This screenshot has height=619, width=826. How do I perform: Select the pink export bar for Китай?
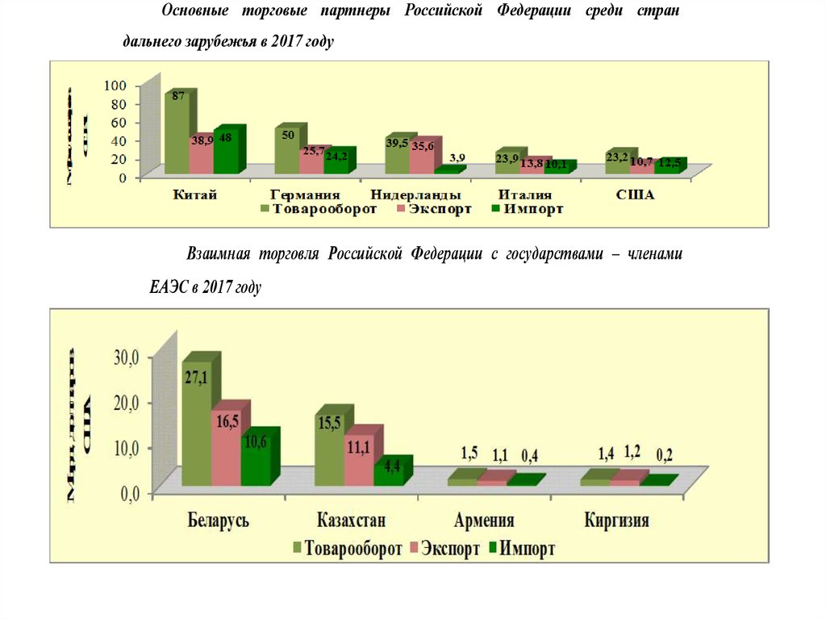201,154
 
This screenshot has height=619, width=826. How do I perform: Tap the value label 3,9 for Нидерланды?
457,158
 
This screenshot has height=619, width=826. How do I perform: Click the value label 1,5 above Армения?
469,453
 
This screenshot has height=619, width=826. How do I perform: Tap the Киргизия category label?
617,520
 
